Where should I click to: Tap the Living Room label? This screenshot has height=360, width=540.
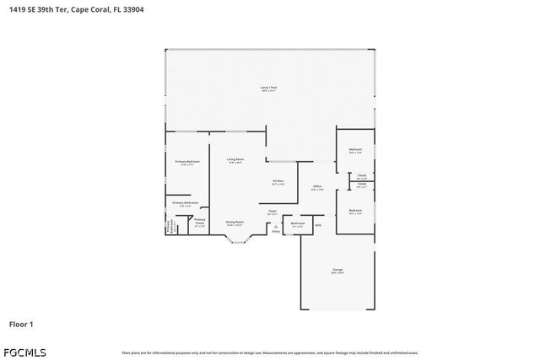click(x=235, y=159)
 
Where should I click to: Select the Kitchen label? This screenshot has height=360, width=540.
click(x=278, y=180)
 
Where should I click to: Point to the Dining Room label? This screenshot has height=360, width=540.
click(x=235, y=223)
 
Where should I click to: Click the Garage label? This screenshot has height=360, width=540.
click(x=337, y=270)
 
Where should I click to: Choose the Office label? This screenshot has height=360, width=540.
click(x=317, y=186)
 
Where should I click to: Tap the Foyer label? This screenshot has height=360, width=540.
click(x=273, y=211)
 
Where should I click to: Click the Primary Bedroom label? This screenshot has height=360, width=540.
click(x=186, y=161)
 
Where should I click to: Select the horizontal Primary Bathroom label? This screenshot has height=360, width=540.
click(x=185, y=202)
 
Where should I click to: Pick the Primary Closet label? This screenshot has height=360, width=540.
click(x=199, y=223)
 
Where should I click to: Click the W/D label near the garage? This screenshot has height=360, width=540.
click(x=318, y=224)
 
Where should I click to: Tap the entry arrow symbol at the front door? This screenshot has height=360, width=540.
click(x=276, y=227)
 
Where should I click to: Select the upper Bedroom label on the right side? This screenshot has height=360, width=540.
click(x=355, y=149)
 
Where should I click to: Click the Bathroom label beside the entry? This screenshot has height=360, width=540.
click(x=298, y=223)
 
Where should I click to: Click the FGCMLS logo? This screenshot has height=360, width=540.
click(x=25, y=352)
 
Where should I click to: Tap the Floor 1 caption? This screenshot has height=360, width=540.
click(x=21, y=324)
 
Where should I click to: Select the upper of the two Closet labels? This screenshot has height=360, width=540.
click(x=361, y=175)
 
